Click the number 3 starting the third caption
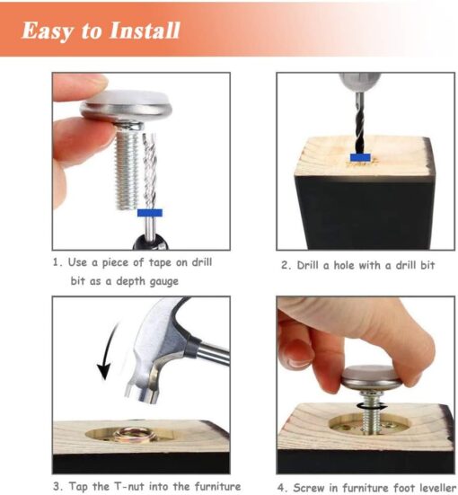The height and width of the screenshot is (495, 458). (56, 486)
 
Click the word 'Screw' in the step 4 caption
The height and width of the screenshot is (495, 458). (308, 487)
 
